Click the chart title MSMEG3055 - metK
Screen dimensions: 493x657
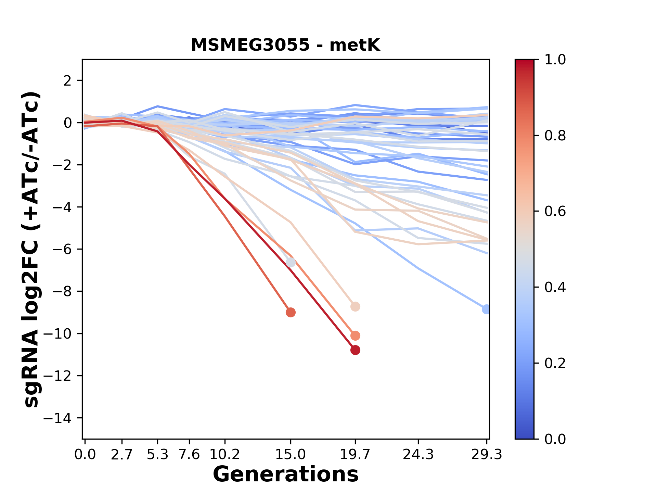click(x=285, y=45)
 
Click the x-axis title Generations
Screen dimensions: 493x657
click(x=285, y=475)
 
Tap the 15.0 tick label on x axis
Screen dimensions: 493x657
click(x=291, y=454)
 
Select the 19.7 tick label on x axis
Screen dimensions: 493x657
click(x=355, y=454)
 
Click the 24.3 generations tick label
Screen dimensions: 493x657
click(x=418, y=454)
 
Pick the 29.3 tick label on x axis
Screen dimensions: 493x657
click(x=486, y=454)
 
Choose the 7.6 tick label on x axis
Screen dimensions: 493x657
click(x=189, y=454)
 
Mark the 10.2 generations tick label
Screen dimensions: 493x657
click(x=224, y=454)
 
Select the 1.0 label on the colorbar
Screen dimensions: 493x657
click(x=555, y=60)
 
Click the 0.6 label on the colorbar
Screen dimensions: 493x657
click(x=555, y=211)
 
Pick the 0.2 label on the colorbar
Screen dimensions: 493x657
click(x=555, y=363)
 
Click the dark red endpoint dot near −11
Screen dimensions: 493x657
click(x=355, y=350)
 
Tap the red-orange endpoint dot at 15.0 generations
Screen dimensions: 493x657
click(x=291, y=312)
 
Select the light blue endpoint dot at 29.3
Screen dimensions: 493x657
click(x=486, y=309)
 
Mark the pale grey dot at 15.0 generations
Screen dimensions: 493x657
click(x=291, y=262)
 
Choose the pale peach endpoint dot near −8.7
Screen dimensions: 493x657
click(x=355, y=306)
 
